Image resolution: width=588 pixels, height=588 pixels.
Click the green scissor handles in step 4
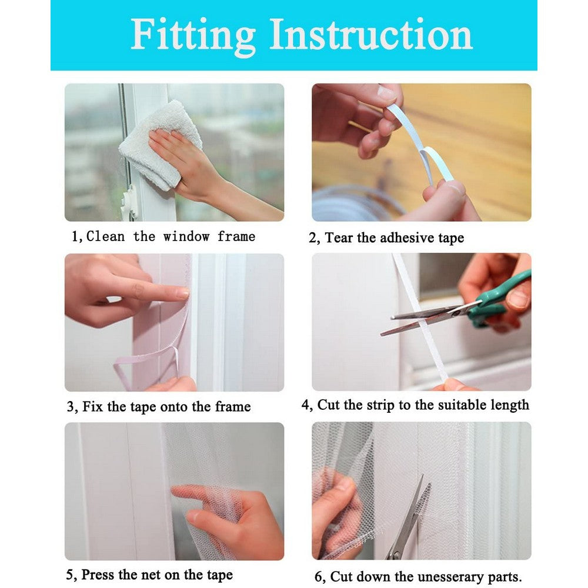point(500,300)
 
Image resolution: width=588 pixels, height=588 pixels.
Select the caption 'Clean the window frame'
point(171,237)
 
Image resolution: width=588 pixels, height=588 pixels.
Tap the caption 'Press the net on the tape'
point(156,574)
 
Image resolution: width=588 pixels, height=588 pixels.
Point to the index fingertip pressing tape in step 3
point(182,292)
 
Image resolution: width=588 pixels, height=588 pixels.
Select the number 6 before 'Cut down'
point(318,577)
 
